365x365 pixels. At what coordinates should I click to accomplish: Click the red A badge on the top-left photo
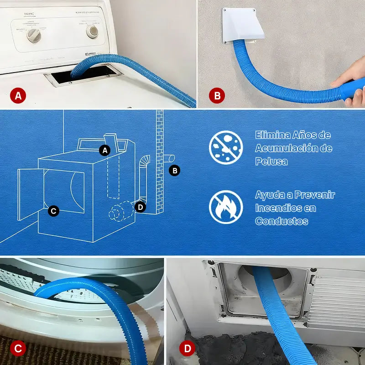tap(18, 96)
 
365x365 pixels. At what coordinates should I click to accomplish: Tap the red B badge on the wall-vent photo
tap(217, 96)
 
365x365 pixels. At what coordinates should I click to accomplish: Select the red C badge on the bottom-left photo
tap(18, 349)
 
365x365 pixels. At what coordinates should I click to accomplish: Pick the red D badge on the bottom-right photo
tap(187, 349)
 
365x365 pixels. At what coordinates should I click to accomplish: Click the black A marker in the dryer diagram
tap(105, 150)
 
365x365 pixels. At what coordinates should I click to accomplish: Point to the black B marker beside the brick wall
tap(174, 171)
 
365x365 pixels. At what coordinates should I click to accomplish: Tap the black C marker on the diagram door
tap(53, 211)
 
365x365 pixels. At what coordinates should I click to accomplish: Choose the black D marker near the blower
tap(141, 207)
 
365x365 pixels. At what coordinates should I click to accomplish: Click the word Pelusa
tap(271, 162)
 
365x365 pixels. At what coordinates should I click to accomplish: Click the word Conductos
tap(282, 221)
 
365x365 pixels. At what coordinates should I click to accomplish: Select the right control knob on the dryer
tap(93, 31)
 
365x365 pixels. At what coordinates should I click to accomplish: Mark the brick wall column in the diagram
tap(159, 160)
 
